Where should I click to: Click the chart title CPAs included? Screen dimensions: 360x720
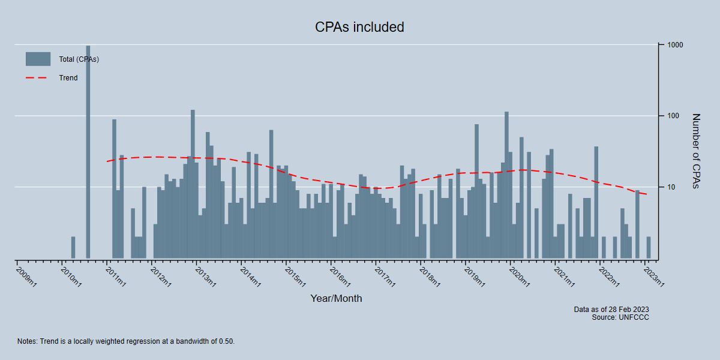(359, 27)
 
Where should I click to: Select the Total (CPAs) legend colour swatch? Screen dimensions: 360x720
(38, 59)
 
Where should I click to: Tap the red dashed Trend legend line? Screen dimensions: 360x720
(38, 78)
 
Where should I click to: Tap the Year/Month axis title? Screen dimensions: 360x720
(336, 298)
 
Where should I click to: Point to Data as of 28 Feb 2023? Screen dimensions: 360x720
(611, 310)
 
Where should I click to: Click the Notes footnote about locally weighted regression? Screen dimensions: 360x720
(126, 341)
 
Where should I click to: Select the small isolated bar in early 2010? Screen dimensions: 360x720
(73, 248)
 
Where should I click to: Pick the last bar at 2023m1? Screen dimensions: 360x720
(649, 248)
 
